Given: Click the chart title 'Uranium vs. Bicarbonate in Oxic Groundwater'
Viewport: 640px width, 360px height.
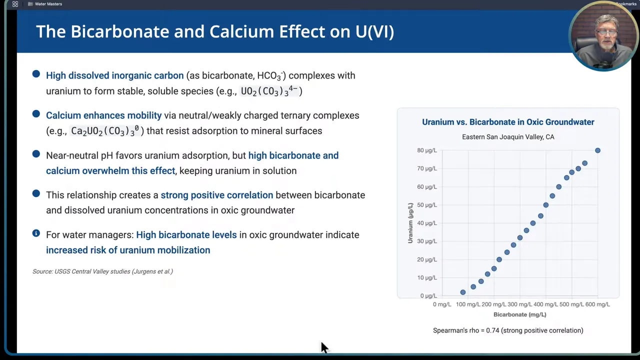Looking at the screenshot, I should (x=508, y=122).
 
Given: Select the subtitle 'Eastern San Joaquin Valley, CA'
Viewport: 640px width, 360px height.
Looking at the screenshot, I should (x=508, y=137).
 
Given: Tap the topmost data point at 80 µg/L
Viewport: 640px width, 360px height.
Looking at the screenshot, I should (x=597, y=150).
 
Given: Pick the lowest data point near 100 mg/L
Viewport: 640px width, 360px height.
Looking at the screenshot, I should (x=463, y=292).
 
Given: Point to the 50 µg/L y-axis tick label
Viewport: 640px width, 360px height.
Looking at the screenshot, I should (x=426, y=205).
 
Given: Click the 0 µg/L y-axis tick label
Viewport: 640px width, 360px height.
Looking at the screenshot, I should (x=428, y=296).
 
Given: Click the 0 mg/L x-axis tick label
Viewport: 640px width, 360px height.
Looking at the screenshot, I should (x=442, y=304).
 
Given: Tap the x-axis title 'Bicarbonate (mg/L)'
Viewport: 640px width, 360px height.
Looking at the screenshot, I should (x=519, y=314).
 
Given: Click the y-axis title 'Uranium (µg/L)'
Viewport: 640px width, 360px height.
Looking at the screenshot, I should (x=410, y=223).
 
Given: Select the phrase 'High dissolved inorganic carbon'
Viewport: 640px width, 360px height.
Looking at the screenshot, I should (x=114, y=75).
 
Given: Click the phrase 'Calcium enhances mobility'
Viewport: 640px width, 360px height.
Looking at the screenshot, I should (x=103, y=115).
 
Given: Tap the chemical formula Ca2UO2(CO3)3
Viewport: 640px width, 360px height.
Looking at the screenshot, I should (x=105, y=131).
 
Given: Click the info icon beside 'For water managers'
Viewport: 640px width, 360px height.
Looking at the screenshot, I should (x=36, y=233).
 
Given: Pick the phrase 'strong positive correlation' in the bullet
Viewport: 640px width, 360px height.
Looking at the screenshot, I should (x=216, y=195).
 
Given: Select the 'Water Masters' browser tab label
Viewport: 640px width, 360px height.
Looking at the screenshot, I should (x=48, y=4).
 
